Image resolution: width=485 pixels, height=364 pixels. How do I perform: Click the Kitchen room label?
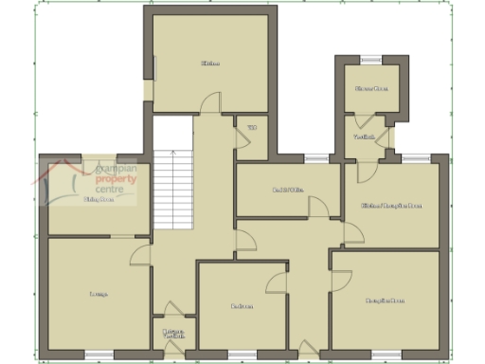tap(210, 64)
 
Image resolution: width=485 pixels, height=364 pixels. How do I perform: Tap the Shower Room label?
tap(371, 89)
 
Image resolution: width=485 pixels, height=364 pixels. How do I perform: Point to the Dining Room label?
tap(99, 200)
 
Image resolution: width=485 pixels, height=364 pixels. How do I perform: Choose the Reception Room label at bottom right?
tap(385, 301)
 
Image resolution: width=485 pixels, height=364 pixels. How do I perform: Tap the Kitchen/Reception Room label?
tap(391, 205)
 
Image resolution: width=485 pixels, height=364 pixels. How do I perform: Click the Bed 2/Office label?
tap(287, 191)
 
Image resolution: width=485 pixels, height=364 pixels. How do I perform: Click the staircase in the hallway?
tap(174, 190)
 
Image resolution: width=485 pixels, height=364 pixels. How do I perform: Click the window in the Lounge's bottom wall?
tap(99, 355)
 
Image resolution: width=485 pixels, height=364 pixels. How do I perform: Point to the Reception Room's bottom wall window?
tap(385, 355)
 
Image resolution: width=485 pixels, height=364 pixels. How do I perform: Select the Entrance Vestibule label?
tap(173, 334)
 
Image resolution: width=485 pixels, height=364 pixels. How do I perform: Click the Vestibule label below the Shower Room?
tap(365, 137)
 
